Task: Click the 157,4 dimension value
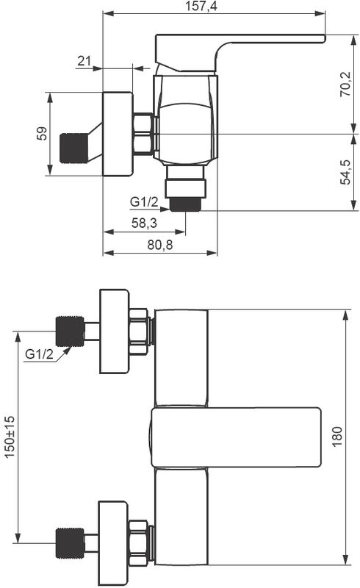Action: click(201, 6)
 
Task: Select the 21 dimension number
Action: click(84, 60)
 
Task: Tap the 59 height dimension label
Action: click(43, 134)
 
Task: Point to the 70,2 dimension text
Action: click(345, 85)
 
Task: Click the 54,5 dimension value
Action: click(345, 172)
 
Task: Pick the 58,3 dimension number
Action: click(144, 223)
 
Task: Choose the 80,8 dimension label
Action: click(160, 245)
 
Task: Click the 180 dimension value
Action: click(337, 437)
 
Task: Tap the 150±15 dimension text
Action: click(10, 437)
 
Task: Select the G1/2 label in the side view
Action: click(144, 201)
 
